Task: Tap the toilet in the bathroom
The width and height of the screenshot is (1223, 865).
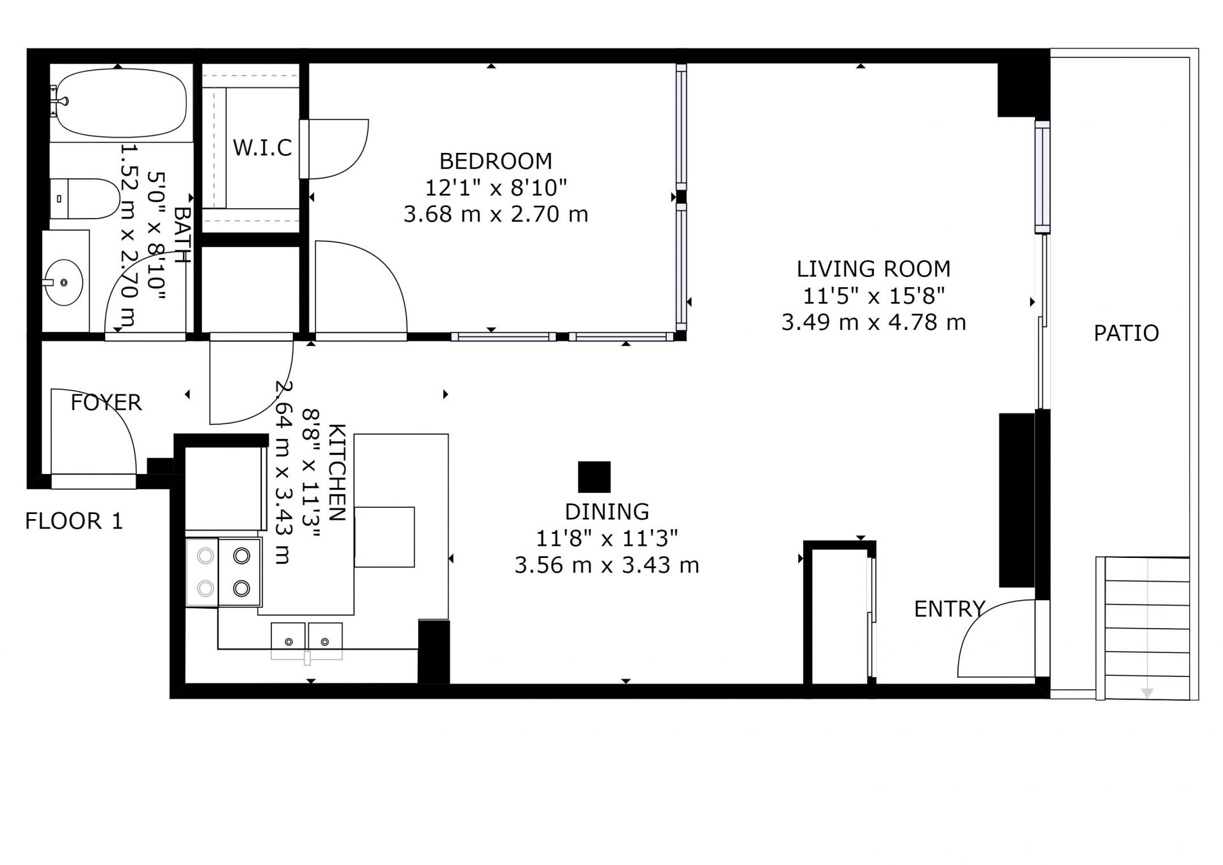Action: [85, 198]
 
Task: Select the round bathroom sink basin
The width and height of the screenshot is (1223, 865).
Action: [64, 282]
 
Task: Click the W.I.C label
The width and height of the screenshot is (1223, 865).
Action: [262, 148]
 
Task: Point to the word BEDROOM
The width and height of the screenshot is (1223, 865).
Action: [496, 161]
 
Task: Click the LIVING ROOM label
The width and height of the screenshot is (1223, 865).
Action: [873, 269]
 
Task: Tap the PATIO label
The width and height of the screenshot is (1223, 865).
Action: [1126, 333]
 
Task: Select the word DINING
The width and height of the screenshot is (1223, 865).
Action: [607, 511]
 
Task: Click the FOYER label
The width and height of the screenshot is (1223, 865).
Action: [106, 403]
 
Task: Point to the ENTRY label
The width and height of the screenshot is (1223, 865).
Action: [949, 610]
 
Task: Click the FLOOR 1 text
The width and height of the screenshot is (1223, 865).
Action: [74, 521]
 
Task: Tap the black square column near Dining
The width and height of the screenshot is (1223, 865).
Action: [594, 477]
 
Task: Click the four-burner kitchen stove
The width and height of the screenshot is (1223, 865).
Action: [224, 572]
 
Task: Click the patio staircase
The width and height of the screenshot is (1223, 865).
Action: [1143, 628]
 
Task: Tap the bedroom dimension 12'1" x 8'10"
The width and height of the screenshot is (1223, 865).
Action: [496, 188]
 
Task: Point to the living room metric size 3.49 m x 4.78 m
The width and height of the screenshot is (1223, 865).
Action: [873, 322]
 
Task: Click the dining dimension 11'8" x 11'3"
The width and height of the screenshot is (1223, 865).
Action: [606, 539]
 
